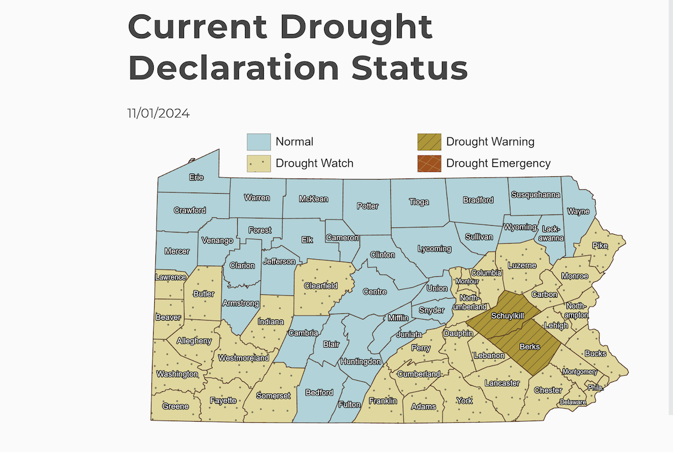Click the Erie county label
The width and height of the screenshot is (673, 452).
click(x=196, y=177)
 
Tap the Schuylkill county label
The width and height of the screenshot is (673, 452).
click(x=508, y=316)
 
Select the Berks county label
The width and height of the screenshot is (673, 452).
click(x=529, y=346)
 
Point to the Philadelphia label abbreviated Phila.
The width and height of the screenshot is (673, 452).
click(x=595, y=387)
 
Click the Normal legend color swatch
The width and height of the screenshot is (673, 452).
click(x=259, y=141)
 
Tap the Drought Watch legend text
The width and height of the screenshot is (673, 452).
click(x=314, y=163)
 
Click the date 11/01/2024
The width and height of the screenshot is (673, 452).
click(x=158, y=113)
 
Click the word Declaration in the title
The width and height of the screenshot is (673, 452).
click(x=234, y=68)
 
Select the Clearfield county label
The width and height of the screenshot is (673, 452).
click(x=320, y=286)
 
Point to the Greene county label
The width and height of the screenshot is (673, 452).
click(x=175, y=406)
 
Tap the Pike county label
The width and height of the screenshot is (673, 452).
click(x=600, y=246)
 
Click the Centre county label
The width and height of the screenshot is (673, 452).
click(x=375, y=291)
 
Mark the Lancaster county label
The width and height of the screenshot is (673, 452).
click(x=502, y=383)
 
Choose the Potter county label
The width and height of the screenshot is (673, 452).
click(x=367, y=206)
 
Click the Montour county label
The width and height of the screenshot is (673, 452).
click(x=467, y=281)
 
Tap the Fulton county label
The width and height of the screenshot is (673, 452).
click(x=349, y=404)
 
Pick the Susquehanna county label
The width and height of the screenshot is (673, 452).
click(x=535, y=195)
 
